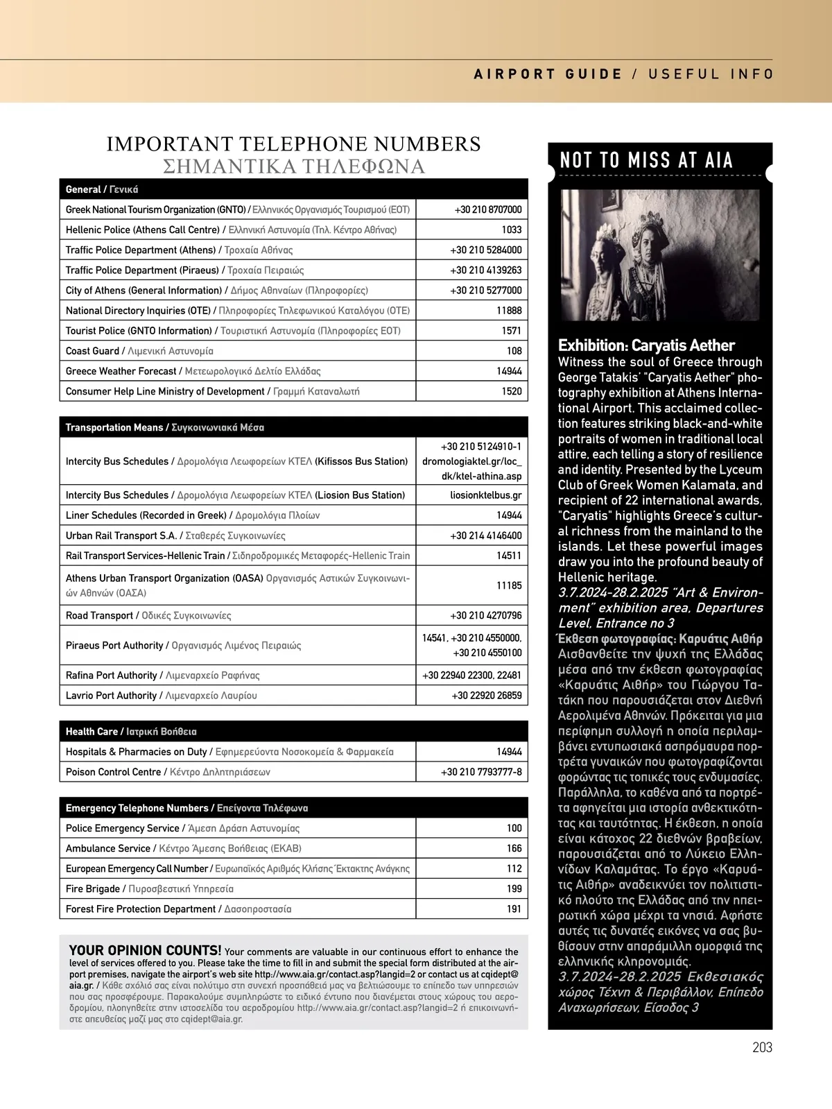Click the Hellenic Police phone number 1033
coord(511,230)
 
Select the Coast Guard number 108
coord(514,351)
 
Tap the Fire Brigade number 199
coord(514,888)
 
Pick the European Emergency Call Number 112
coord(514,868)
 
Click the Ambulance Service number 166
coord(514,848)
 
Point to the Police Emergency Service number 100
coord(514,828)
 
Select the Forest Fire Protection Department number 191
coord(514,909)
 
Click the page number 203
coord(762,1047)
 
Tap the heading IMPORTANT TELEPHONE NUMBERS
coord(293,144)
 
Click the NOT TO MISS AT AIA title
coord(646,161)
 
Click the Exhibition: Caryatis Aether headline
coord(646,345)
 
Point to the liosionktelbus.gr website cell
coord(485,495)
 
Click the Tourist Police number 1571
coord(511,331)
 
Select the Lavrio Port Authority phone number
coord(487,696)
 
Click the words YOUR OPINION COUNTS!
coord(146,951)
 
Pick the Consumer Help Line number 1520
coord(511,391)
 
